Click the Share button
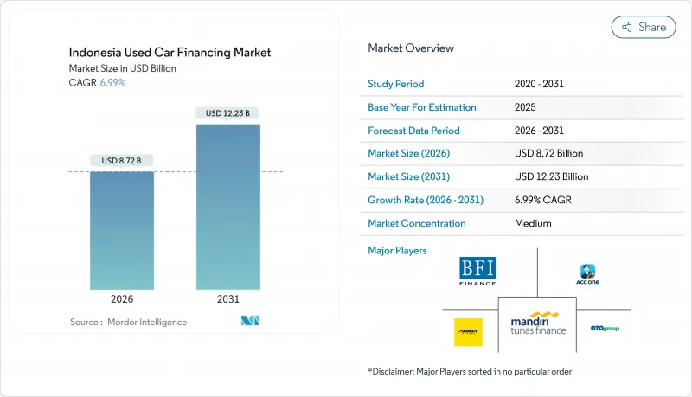[x=644, y=27]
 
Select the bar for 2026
[x=121, y=230]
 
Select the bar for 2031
[x=227, y=207]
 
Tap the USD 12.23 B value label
[x=227, y=113]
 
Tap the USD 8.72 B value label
[x=121, y=161]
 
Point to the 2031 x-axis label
[x=227, y=299]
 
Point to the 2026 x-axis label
[x=121, y=299]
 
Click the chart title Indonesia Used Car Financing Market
[x=170, y=53]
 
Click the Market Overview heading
[x=411, y=48]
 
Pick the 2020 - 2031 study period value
[x=540, y=85]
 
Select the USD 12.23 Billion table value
[x=551, y=176]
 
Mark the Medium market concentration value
[x=533, y=223]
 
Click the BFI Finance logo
[x=477, y=271]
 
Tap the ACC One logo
[x=588, y=274]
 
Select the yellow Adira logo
[x=468, y=331]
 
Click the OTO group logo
[x=605, y=329]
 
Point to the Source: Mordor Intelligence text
[x=128, y=322]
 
